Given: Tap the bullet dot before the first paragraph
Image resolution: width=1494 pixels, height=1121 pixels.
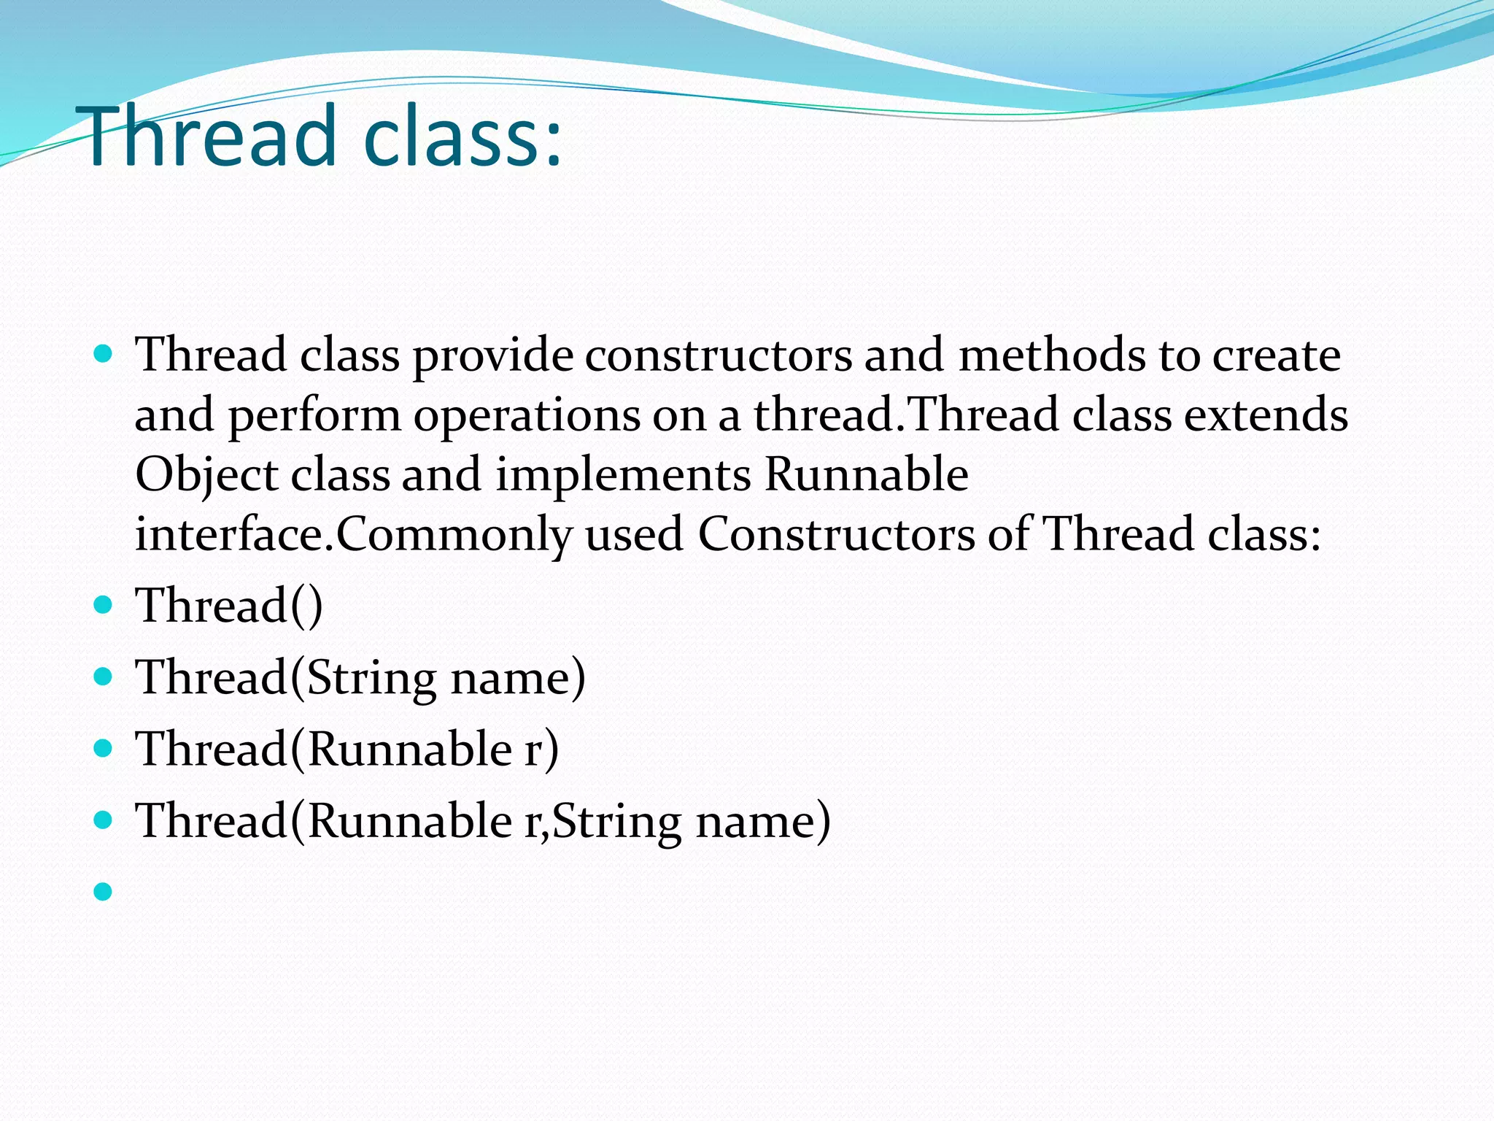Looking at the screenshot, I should [x=104, y=355].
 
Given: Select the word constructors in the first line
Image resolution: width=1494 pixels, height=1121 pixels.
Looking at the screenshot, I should [x=718, y=355].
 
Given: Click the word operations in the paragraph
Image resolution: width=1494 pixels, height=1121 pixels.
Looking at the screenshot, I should [x=526, y=415].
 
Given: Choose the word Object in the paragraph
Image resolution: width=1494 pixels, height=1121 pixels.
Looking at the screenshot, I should [x=206, y=476].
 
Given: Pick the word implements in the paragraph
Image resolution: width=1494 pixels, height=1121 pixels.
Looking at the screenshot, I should [x=623, y=475].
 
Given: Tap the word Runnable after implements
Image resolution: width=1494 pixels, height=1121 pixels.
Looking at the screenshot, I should [x=866, y=475].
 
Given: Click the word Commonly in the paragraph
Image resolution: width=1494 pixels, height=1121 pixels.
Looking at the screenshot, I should [x=454, y=535].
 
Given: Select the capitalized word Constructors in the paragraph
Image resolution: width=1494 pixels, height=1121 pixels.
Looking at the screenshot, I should [x=836, y=535].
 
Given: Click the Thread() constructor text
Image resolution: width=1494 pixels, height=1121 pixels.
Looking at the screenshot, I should [x=228, y=606].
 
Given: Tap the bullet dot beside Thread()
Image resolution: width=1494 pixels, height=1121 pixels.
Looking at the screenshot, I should [x=104, y=605].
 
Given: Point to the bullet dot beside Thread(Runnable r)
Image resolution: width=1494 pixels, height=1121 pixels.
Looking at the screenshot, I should [x=104, y=748].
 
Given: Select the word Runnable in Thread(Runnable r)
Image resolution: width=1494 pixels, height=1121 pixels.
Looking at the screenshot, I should [x=410, y=749].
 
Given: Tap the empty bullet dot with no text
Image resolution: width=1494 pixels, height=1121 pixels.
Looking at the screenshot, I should [x=104, y=891].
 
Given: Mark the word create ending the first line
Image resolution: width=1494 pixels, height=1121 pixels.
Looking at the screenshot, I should [x=1276, y=355].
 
